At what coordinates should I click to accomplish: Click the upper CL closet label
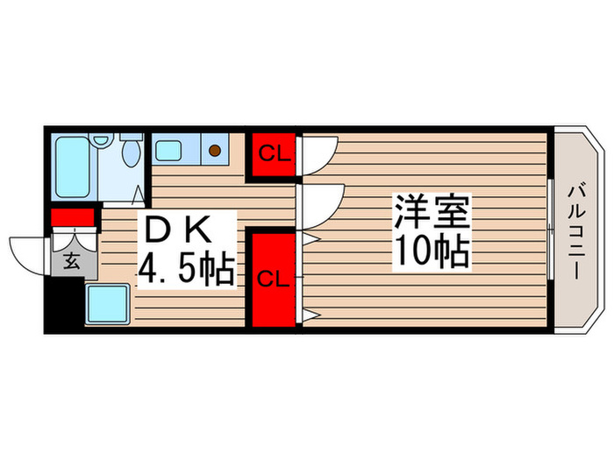pyautogui.click(x=274, y=156)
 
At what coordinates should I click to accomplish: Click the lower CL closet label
pyautogui.click(x=274, y=279)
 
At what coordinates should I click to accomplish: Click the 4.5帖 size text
pyautogui.click(x=185, y=270)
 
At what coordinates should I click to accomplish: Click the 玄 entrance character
pyautogui.click(x=68, y=259)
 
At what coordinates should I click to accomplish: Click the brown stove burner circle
pyautogui.click(x=215, y=150)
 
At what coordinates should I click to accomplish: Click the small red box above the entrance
pyautogui.click(x=72, y=218)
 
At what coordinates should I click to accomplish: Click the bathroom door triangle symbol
pyautogui.click(x=139, y=195)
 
